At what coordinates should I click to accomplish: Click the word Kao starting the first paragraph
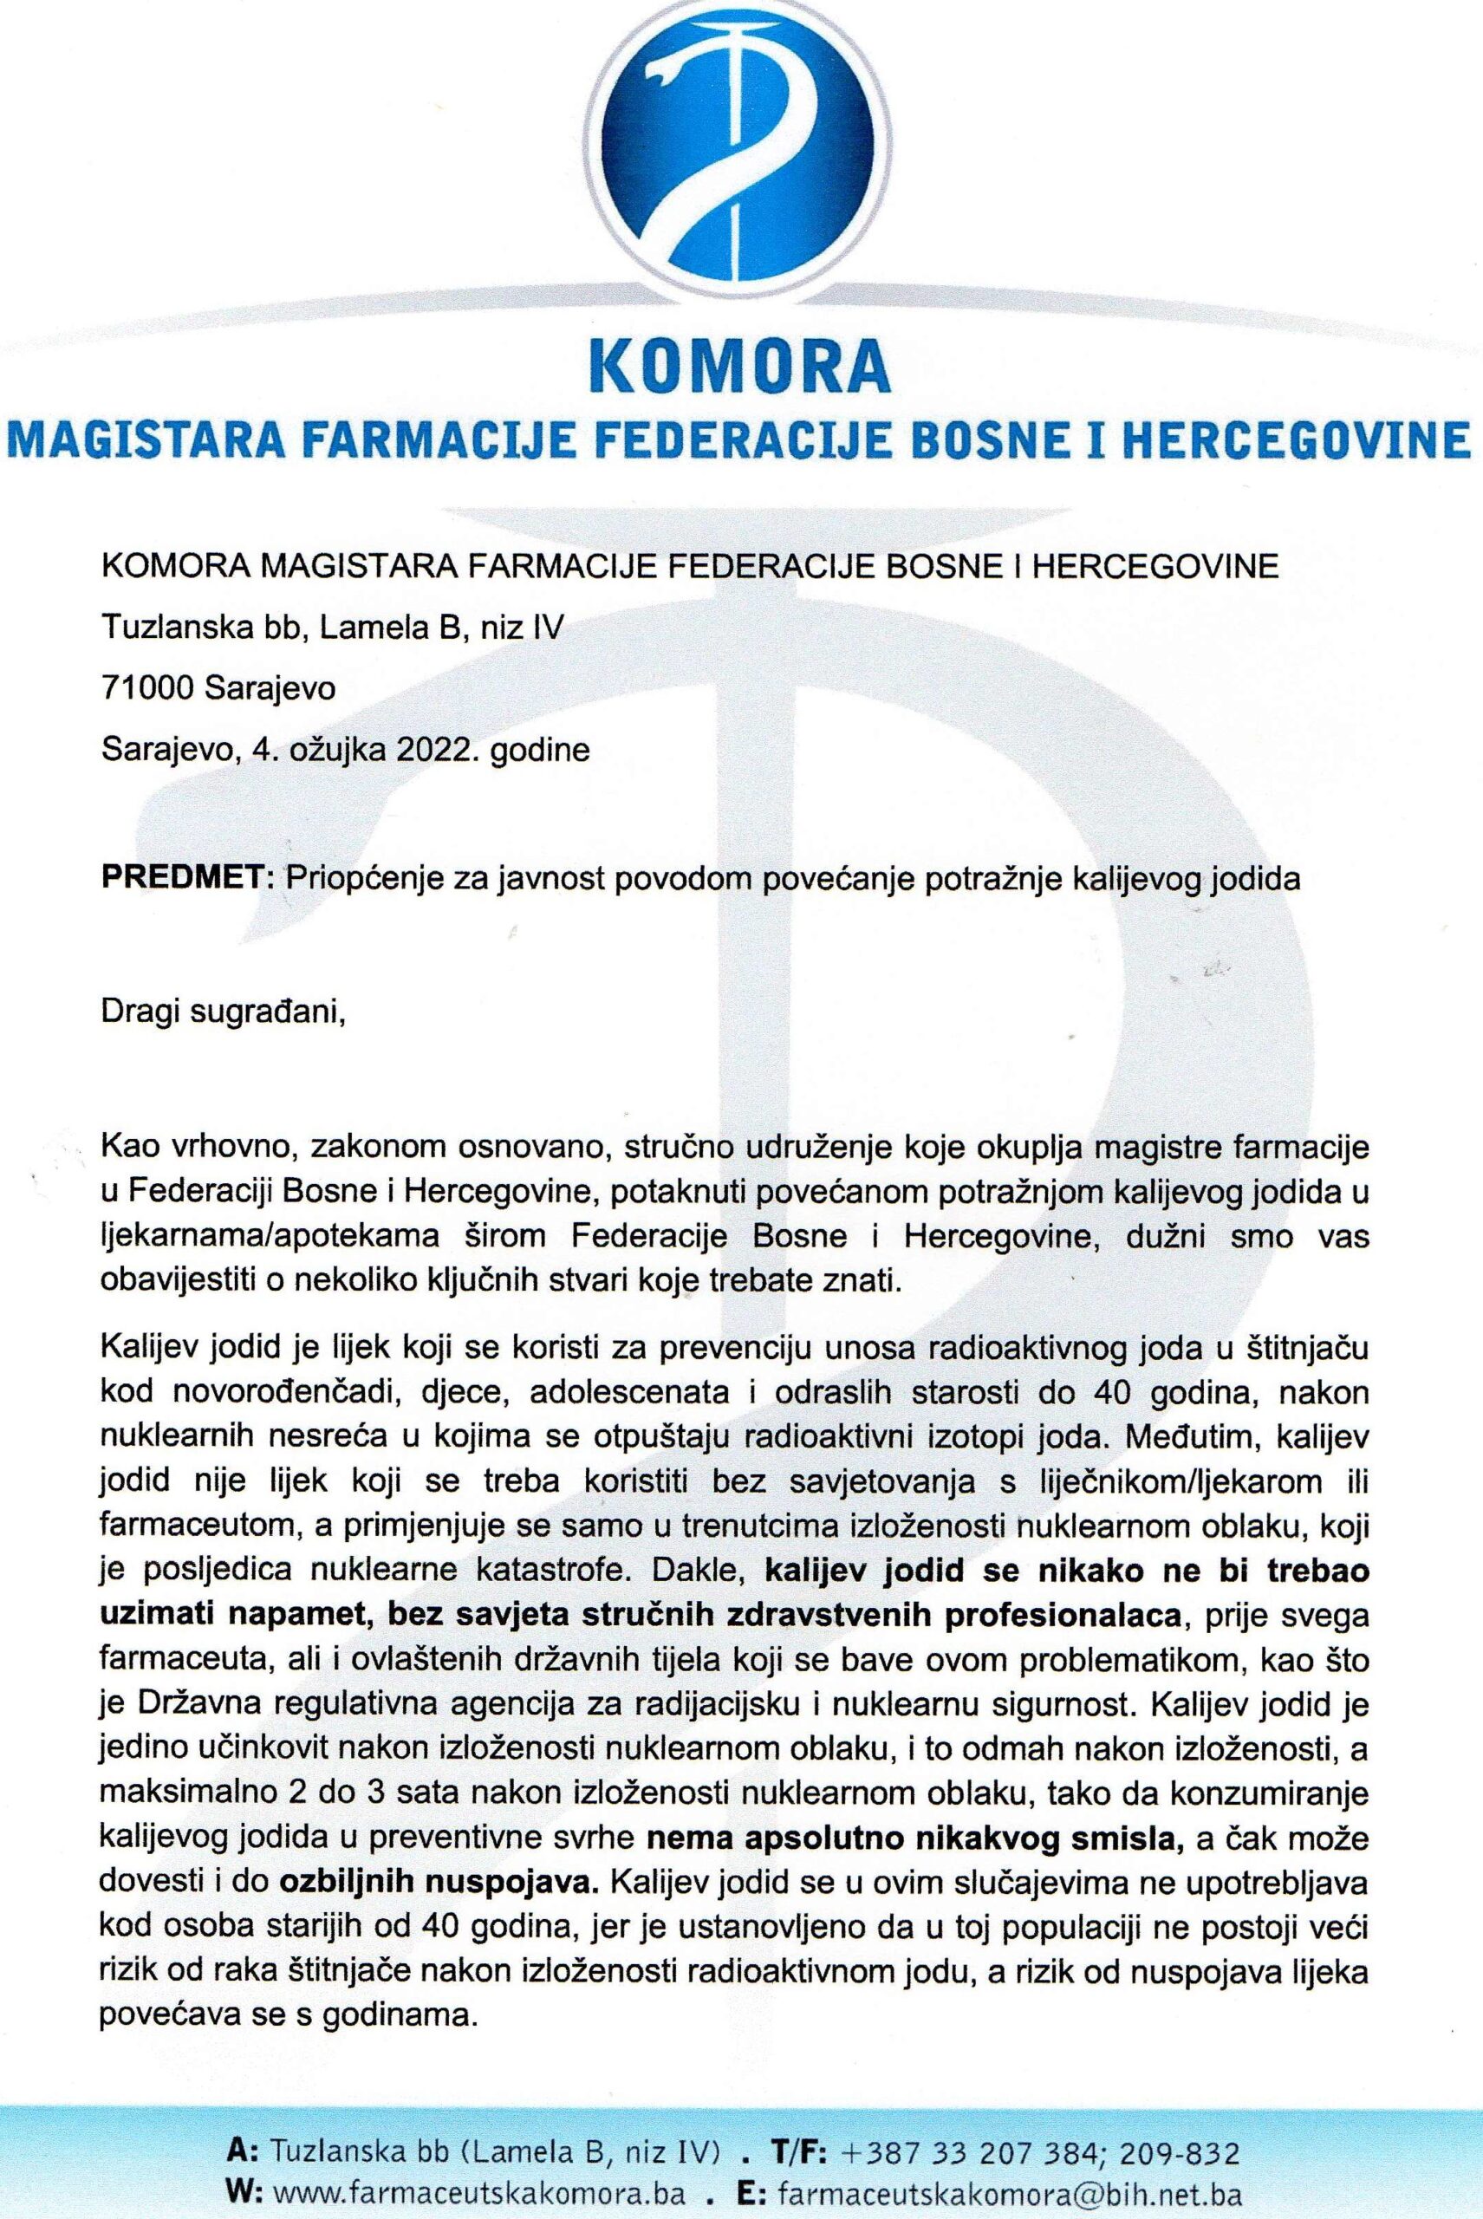[128, 1149]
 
